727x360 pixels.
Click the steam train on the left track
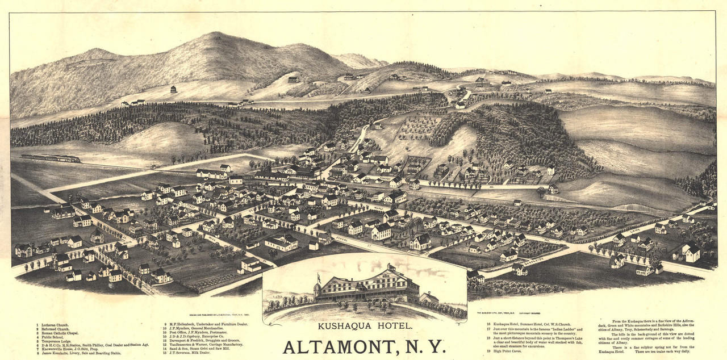click(51, 158)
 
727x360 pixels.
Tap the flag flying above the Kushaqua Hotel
click(319, 278)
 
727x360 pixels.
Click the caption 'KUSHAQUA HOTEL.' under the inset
click(365, 326)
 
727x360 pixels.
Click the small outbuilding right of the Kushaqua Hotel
click(429, 297)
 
